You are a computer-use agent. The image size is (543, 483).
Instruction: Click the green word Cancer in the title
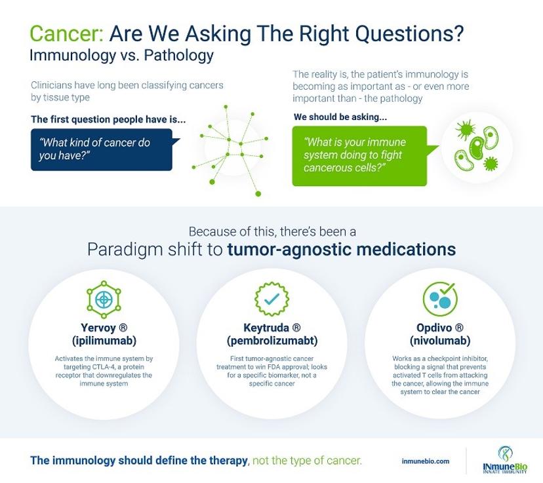pos(66,33)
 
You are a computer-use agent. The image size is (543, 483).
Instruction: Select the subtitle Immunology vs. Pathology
pos(121,55)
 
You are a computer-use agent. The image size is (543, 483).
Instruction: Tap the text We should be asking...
pos(340,117)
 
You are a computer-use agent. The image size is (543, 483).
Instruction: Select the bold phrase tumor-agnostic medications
pos(341,249)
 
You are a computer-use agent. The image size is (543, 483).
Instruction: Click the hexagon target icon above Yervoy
pos(104,299)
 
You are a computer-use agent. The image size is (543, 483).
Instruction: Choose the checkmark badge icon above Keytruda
pos(272,299)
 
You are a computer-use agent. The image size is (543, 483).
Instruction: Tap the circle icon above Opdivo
pos(440,299)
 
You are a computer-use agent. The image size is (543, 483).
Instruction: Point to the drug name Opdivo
pos(434,327)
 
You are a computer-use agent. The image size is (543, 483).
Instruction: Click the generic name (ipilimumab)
pos(104,341)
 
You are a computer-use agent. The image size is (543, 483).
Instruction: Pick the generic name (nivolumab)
pos(440,341)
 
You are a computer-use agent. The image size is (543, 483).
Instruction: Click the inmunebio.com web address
pos(426,461)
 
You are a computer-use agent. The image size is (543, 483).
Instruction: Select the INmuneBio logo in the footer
pos(505,460)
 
